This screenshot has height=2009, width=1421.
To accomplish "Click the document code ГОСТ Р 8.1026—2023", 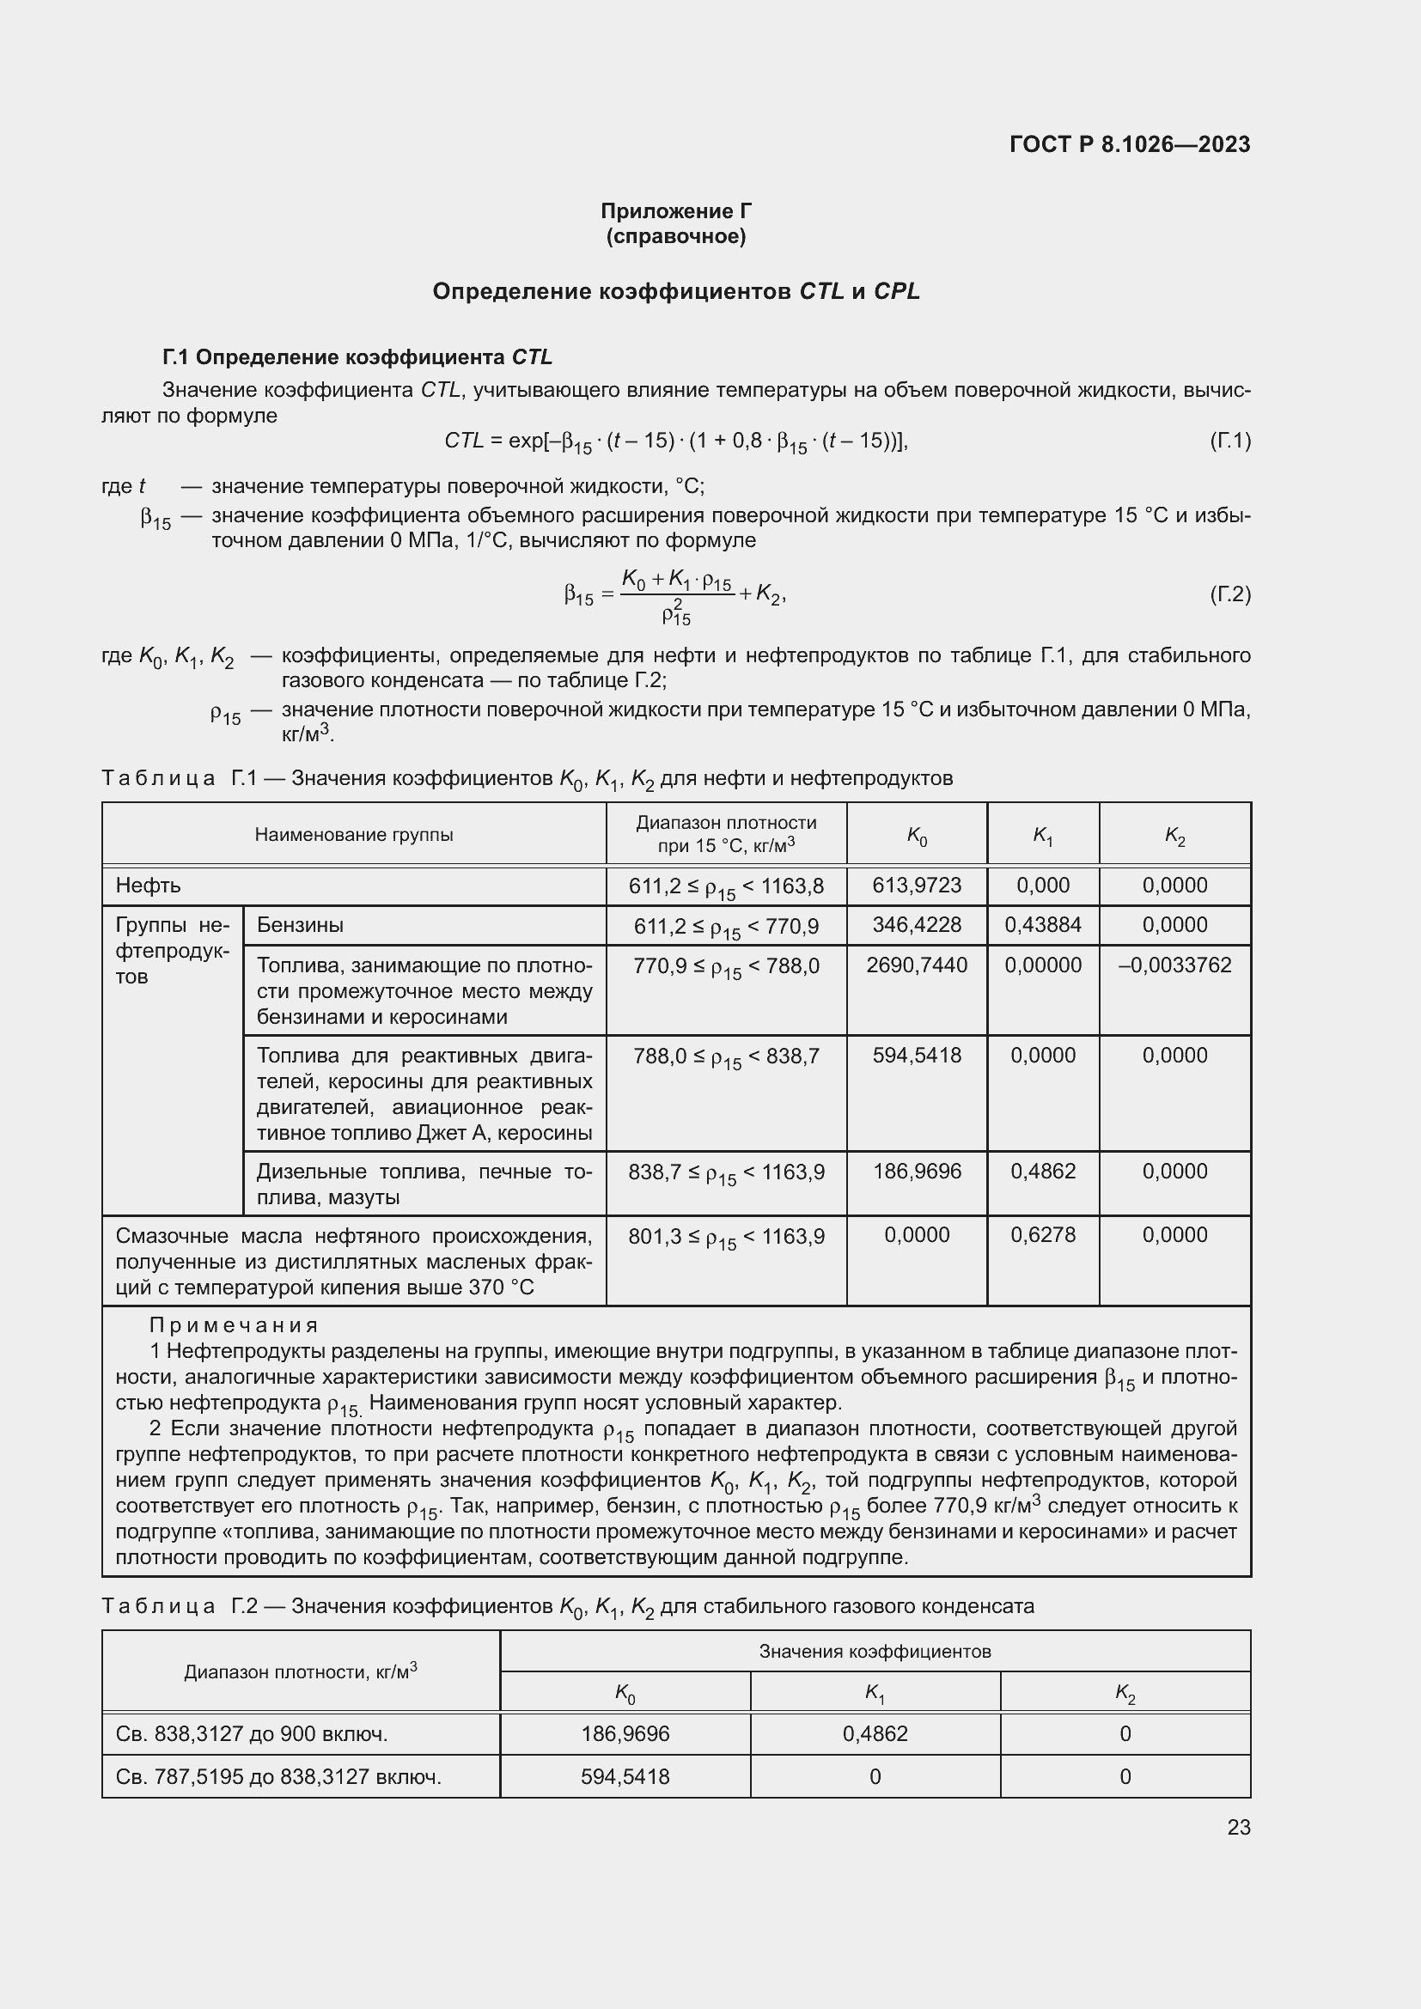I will (x=1129, y=144).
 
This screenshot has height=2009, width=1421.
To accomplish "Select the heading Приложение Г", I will (x=675, y=211).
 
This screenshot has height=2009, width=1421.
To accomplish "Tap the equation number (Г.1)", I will (x=1229, y=440).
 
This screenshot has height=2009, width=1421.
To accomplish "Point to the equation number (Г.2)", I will (x=1229, y=595).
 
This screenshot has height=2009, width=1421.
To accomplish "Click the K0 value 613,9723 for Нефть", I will (x=916, y=885).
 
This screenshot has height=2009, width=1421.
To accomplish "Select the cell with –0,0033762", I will (x=1174, y=965).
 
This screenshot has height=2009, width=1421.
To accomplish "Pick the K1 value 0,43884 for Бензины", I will (x=1042, y=924).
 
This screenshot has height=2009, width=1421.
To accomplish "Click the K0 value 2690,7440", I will (x=916, y=965).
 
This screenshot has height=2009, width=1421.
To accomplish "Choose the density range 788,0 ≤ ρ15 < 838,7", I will (x=725, y=1056).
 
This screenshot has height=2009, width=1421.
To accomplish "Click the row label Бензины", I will (x=300, y=924).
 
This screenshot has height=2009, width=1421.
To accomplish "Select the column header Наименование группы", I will (x=353, y=834).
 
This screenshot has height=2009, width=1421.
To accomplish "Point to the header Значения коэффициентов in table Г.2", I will (x=874, y=1651).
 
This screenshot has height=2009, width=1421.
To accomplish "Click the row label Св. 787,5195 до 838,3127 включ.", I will (x=278, y=1776).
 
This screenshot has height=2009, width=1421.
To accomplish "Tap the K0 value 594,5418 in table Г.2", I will (x=625, y=1776).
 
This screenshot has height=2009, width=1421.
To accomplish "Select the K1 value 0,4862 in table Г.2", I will (x=874, y=1733).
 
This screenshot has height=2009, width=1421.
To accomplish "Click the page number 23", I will (x=1238, y=1827).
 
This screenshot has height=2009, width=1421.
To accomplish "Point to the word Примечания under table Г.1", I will (x=234, y=1325).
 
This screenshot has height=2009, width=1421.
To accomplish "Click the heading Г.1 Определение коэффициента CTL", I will (x=357, y=357).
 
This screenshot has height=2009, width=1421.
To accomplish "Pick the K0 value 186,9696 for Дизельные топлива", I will (x=916, y=1171).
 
